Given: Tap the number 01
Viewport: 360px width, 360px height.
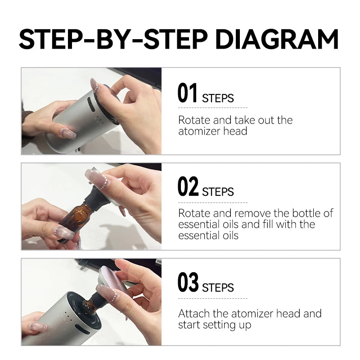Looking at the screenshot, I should coord(188,93).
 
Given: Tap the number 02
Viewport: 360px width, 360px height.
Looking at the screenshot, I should coord(188,187).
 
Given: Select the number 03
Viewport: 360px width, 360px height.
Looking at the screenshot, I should coord(188,282).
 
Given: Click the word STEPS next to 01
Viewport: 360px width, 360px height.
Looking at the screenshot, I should coord(218,98).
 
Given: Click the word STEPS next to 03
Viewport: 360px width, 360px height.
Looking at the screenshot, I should coord(218,288).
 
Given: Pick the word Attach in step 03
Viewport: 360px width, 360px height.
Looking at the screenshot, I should coord(193,313).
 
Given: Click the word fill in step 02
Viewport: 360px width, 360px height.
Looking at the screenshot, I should coord(274,224).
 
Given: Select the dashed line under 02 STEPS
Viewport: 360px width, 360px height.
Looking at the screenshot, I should coord(213,202).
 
